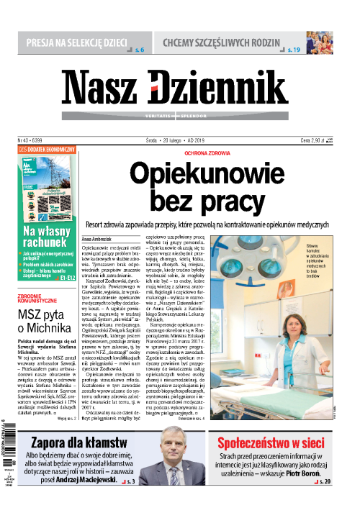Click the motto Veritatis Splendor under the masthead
click(175, 116)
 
